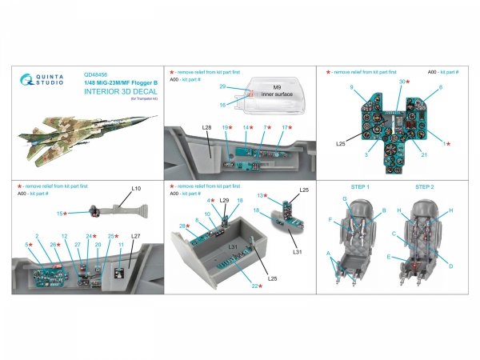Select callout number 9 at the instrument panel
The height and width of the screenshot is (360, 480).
[350, 86]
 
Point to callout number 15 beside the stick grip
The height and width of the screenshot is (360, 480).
[60, 213]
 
